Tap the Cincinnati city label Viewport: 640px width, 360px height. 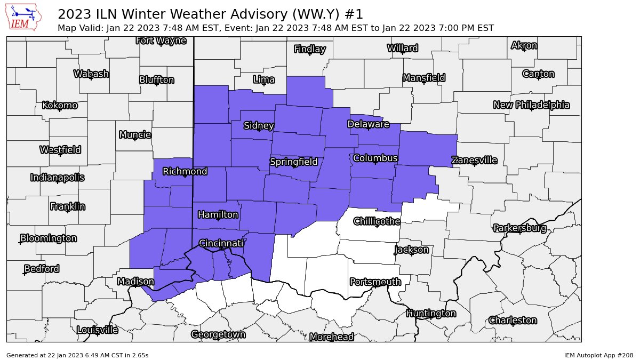pyautogui.click(x=221, y=243)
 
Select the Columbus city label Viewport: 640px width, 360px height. pyautogui.click(x=375, y=158)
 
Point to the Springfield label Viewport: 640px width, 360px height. pyautogui.click(x=294, y=162)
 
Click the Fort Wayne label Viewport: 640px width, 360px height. pyautogui.click(x=161, y=41)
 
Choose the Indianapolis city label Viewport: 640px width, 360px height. pyautogui.click(x=57, y=178)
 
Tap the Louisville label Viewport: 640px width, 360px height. pyautogui.click(x=97, y=330)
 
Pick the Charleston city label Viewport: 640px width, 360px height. pyautogui.click(x=513, y=321)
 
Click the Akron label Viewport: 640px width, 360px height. pyautogui.click(x=524, y=46)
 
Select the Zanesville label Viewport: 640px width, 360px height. pyautogui.click(x=474, y=161)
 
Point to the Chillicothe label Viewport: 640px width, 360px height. pyautogui.click(x=377, y=221)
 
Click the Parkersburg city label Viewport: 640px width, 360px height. pyautogui.click(x=519, y=228)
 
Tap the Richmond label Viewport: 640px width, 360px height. pyautogui.click(x=185, y=172)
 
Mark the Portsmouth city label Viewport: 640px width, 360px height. pyautogui.click(x=375, y=282)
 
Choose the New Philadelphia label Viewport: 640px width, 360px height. pyautogui.click(x=531, y=105)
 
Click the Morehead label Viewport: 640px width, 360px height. pyautogui.click(x=331, y=337)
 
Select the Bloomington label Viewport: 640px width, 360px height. pyautogui.click(x=48, y=238)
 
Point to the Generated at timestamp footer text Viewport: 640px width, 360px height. pyautogui.click(x=77, y=355)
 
